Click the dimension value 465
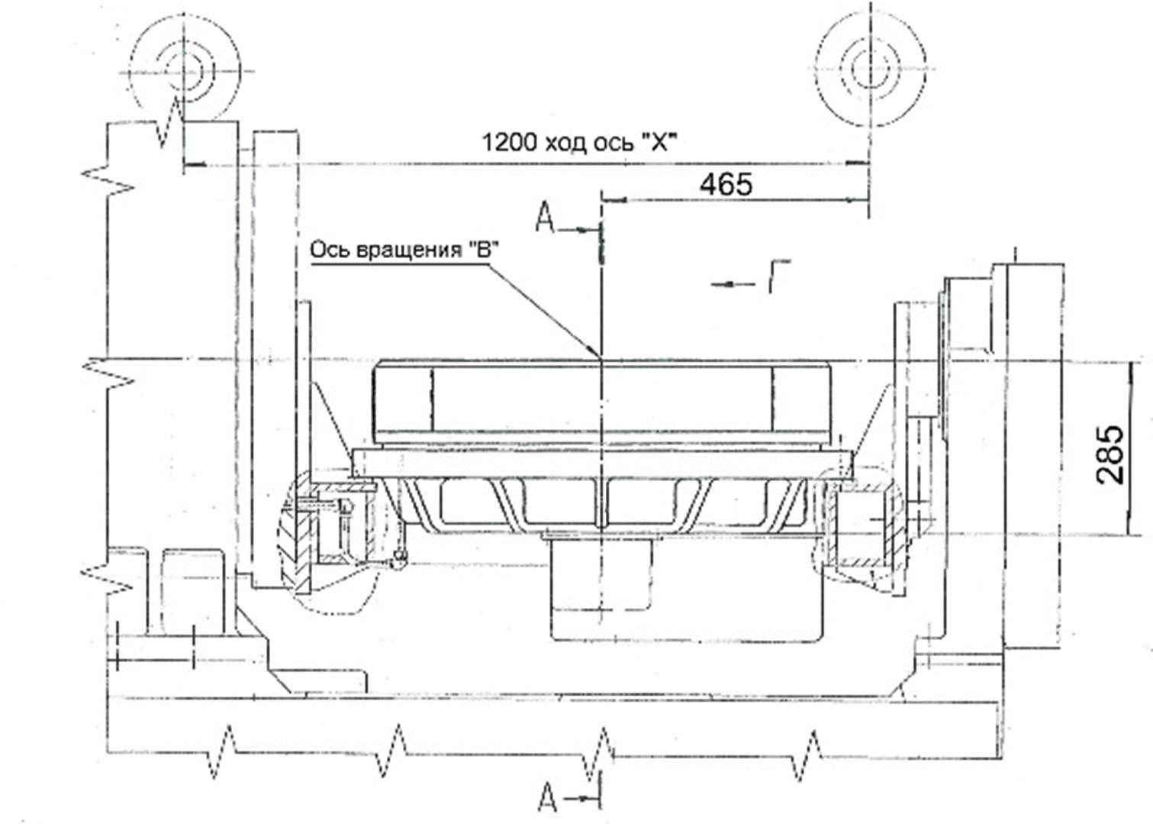click(726, 184)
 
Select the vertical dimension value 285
click(1111, 455)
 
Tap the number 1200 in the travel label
click(508, 143)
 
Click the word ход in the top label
click(564, 144)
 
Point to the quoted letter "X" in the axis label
click(656, 141)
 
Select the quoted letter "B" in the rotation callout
click(483, 249)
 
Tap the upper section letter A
click(545, 218)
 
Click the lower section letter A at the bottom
click(547, 798)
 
